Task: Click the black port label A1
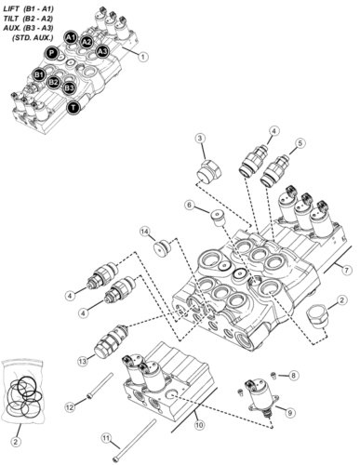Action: tap(71, 38)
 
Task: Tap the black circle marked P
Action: tap(51, 53)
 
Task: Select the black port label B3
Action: tap(69, 88)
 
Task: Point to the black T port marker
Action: tap(73, 108)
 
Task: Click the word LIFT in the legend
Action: tap(12, 8)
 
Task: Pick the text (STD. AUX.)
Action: tap(33, 38)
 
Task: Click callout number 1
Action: tap(142, 57)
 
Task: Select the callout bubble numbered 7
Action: tap(347, 270)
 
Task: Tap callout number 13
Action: tap(83, 361)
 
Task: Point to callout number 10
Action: tap(199, 424)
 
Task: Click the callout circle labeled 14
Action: tap(145, 232)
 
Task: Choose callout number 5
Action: tap(300, 143)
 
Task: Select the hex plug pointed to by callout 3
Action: tap(209, 172)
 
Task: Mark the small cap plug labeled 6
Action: tap(218, 218)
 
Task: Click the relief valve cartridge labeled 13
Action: tap(111, 341)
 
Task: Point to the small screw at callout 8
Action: tap(273, 375)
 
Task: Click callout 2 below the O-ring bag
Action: tap(16, 442)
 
